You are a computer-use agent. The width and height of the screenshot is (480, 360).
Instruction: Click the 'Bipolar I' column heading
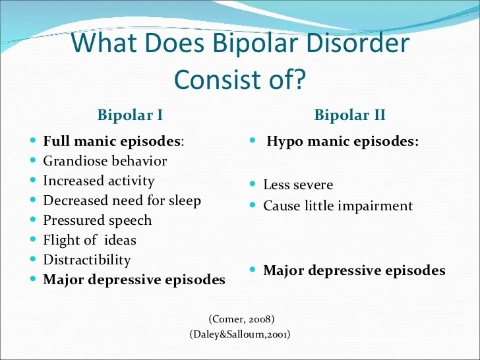coord(130,115)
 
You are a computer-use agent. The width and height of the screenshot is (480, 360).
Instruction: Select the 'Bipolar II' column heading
coord(349,115)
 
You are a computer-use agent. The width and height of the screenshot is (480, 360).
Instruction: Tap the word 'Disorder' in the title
coord(357,43)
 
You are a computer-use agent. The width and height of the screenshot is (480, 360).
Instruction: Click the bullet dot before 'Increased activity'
coord(33,180)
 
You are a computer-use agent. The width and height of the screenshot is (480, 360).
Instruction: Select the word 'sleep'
coord(185,201)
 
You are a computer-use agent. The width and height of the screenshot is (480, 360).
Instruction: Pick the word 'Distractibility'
coord(87,260)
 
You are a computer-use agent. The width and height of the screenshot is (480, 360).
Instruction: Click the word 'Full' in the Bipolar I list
coord(56,141)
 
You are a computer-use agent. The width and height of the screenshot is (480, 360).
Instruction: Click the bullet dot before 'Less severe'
coord(253,184)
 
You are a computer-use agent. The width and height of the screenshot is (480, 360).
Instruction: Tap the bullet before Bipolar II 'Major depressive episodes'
coord(253,270)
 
